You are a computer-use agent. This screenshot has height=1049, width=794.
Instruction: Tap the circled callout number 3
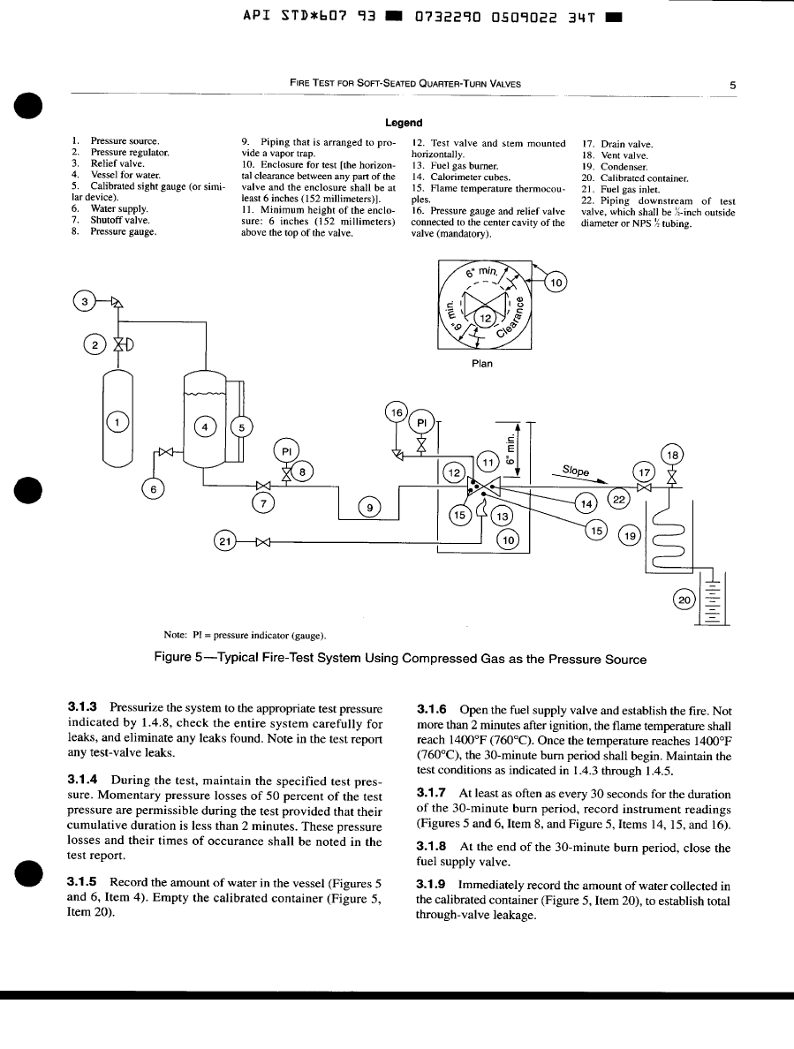pyautogui.click(x=84, y=302)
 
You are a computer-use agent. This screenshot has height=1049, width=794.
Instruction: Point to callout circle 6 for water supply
pyautogui.click(x=152, y=487)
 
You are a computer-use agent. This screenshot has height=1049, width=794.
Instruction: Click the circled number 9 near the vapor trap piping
pyautogui.click(x=371, y=506)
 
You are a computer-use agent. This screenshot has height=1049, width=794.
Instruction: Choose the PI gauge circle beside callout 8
pyautogui.click(x=286, y=450)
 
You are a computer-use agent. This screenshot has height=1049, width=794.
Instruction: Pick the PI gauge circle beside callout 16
pyautogui.click(x=422, y=422)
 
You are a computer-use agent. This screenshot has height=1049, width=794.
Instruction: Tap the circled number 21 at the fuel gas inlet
pyautogui.click(x=225, y=540)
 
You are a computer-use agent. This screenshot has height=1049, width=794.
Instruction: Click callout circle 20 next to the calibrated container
pyautogui.click(x=684, y=600)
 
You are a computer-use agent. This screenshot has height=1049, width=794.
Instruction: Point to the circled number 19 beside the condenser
pyautogui.click(x=630, y=535)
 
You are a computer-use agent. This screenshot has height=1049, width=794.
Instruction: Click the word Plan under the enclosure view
pyautogui.click(x=482, y=363)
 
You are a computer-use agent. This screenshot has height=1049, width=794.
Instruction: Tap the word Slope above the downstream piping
pyautogui.click(x=577, y=471)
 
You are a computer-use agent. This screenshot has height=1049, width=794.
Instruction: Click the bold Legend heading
pyautogui.click(x=403, y=123)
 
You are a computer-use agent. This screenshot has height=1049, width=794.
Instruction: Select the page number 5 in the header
pyautogui.click(x=733, y=85)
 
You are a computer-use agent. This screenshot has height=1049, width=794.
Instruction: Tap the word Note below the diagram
pyautogui.click(x=175, y=634)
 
